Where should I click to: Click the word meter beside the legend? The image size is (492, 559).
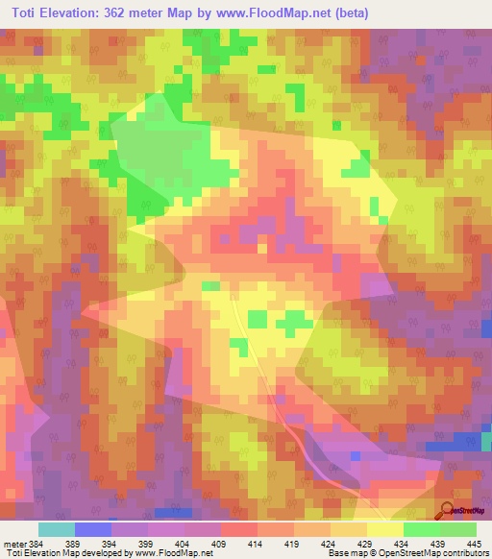(x=14, y=544)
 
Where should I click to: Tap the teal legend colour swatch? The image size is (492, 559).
(x=56, y=529)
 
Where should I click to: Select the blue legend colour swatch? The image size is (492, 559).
(x=92, y=529)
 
